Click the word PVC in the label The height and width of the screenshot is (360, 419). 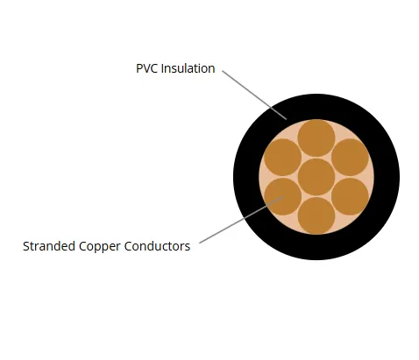(x=147, y=68)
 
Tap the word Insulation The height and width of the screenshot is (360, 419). (x=188, y=68)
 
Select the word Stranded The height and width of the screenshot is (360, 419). (x=49, y=246)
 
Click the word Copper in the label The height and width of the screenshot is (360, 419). (x=99, y=247)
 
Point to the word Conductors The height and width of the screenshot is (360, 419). (x=157, y=246)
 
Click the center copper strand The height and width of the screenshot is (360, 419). (x=316, y=177)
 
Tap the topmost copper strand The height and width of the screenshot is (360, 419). (x=316, y=138)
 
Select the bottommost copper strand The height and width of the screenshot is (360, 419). (x=316, y=215)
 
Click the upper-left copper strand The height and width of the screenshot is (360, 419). (x=282, y=158)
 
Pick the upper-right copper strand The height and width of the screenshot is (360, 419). (x=350, y=158)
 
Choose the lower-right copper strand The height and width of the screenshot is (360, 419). (x=350, y=196)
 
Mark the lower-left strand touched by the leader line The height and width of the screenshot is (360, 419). (x=282, y=196)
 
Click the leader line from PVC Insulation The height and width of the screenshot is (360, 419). (x=254, y=95)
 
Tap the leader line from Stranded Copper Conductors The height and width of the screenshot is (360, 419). (x=241, y=220)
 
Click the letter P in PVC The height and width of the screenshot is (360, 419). (x=139, y=68)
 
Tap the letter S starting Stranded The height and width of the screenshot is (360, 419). (x=26, y=246)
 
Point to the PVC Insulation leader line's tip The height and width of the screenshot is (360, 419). (x=287, y=119)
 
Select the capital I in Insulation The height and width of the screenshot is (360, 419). (x=162, y=68)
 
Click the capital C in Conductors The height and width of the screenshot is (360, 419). (x=128, y=246)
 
